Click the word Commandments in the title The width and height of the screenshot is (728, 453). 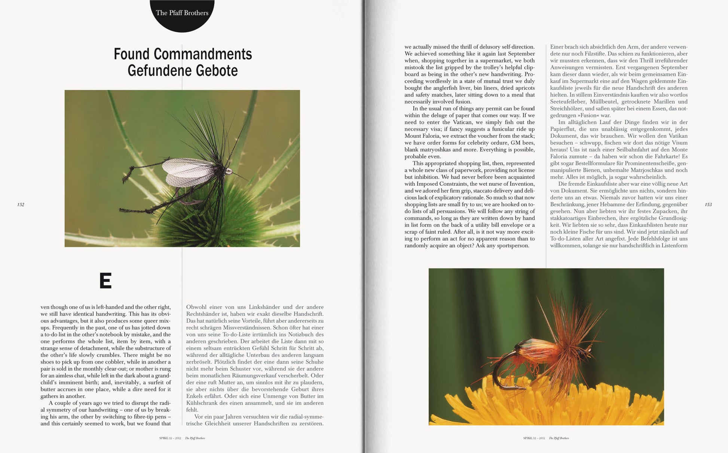[202, 54]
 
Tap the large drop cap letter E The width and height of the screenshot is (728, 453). [105, 280]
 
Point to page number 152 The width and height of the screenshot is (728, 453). [21, 204]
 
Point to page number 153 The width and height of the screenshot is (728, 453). [708, 204]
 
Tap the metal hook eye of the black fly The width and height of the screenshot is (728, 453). [229, 172]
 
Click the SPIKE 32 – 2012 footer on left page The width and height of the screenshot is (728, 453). [170, 438]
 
